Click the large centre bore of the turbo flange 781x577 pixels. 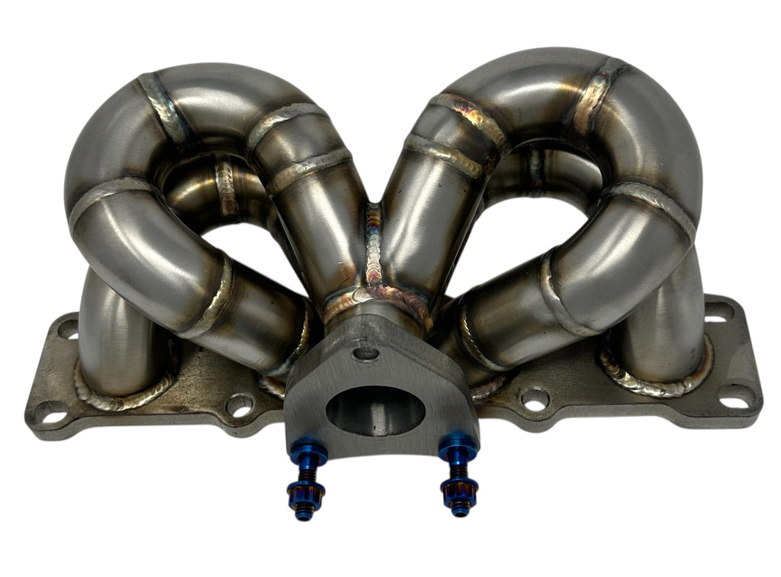coord(374,411)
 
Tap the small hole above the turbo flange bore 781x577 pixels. coord(367,353)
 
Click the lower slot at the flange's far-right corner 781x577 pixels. coord(737,395)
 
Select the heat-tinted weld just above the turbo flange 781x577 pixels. coord(374,299)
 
